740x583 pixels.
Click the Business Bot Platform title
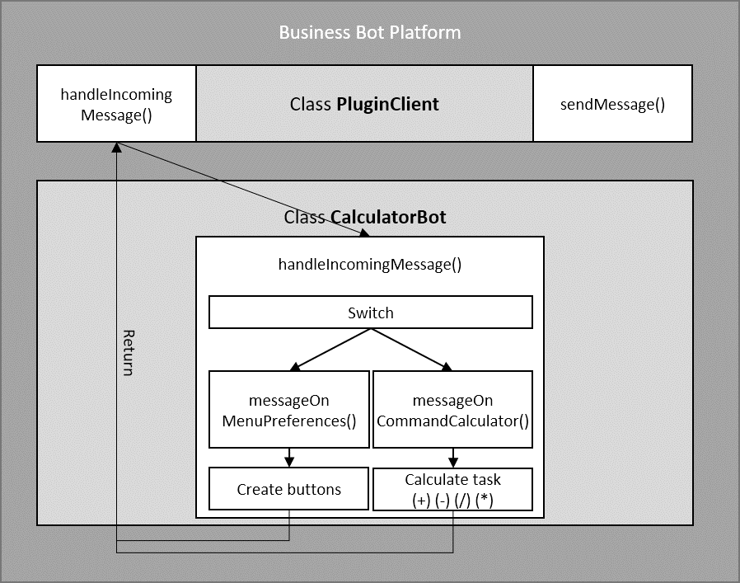pos(370,32)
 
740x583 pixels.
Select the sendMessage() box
pos(612,103)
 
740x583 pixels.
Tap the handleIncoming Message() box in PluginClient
pos(116,103)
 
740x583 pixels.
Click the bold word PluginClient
pos(387,104)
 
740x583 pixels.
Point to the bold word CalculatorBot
pos(388,217)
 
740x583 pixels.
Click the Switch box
pos(371,313)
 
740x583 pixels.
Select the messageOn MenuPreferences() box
pos(288,410)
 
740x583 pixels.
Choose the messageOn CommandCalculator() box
pos(452,410)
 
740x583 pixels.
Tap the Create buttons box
pos(288,489)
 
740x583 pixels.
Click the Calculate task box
pos(452,490)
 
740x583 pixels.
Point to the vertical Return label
pos(129,352)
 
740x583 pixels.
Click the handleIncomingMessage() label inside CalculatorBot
pos(370,264)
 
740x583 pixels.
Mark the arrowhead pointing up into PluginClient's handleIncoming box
pos(116,148)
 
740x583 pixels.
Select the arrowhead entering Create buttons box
pos(289,462)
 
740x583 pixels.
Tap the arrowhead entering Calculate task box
pos(453,463)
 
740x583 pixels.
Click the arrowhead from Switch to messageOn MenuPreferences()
pos(296,366)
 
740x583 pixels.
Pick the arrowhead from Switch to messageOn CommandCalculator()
pos(447,366)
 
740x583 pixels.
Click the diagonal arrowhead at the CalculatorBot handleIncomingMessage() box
pos(364,233)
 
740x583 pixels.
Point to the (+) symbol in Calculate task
pos(421,501)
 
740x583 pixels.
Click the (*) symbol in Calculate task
pos(485,501)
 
